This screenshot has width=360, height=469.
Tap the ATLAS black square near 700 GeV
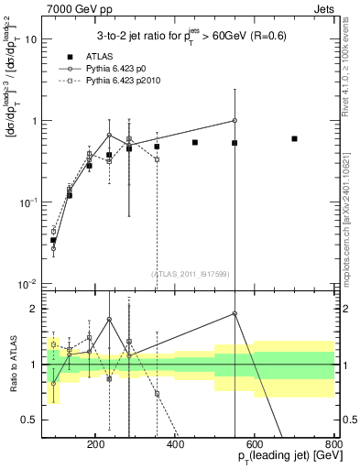coord(294,138)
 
